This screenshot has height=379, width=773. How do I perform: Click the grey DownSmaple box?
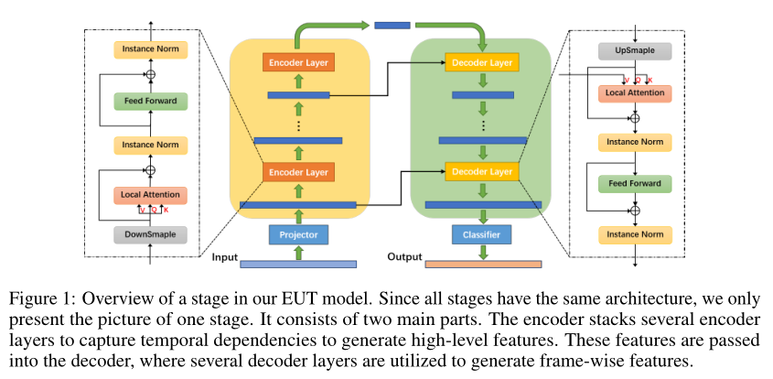click(x=150, y=233)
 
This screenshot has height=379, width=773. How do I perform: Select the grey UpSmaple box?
click(x=634, y=50)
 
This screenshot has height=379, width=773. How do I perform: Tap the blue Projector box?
click(x=297, y=234)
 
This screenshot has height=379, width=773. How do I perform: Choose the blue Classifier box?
click(x=481, y=234)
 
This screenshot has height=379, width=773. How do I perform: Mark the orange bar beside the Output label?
click(x=482, y=265)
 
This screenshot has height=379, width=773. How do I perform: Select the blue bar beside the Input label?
click(x=297, y=265)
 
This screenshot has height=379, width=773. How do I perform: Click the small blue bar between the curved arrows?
click(x=392, y=25)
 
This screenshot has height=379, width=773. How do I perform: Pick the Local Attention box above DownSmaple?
click(x=150, y=195)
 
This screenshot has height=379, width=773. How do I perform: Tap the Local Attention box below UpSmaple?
click(x=634, y=92)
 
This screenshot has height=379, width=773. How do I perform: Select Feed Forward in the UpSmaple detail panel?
click(x=634, y=184)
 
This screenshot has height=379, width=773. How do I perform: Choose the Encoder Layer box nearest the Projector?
click(x=297, y=171)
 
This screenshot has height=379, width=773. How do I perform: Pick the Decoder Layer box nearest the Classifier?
click(x=481, y=171)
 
